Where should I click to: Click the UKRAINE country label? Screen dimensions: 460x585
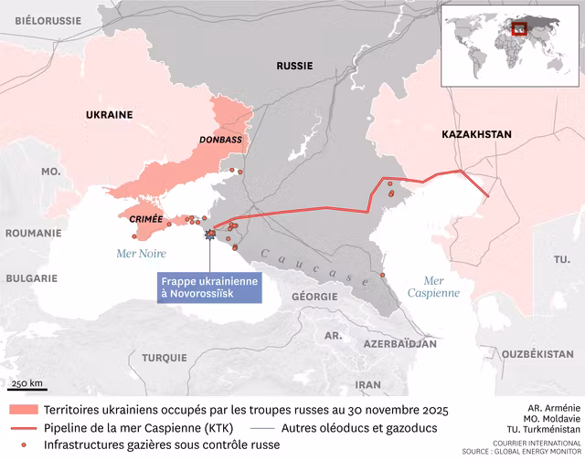coord(109,115)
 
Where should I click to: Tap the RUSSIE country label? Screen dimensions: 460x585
coord(294,66)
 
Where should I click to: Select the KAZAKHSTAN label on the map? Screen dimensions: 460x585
coord(476,134)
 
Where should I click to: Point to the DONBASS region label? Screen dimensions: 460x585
coord(220,140)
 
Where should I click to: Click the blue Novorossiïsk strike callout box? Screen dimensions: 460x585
coord(209,286)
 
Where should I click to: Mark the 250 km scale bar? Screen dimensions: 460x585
coord(27,387)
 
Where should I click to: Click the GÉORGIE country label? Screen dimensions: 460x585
coord(314,297)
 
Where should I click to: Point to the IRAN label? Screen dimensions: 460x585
coord(368,384)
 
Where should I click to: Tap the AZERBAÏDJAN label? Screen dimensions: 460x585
coord(399,345)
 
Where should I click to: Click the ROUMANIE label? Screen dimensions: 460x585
coord(32,233)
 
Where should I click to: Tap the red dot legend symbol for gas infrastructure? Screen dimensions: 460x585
coord(24,444)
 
